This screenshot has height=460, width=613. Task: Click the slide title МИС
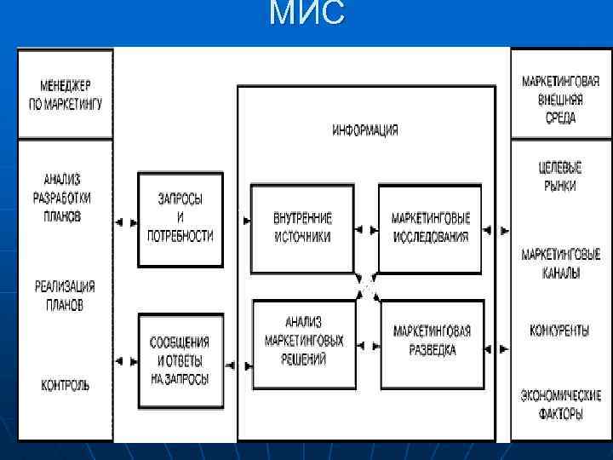point(306,14)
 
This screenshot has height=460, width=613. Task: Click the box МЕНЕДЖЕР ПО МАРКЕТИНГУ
point(66,95)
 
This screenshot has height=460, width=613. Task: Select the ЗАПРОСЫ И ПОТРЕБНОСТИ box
point(180,219)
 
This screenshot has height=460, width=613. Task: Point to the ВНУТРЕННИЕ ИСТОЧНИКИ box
point(303,227)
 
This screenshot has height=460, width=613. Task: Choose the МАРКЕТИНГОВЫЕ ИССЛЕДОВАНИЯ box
point(430,227)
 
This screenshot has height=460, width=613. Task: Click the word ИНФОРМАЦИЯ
point(365,130)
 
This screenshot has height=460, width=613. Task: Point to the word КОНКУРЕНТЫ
point(560,331)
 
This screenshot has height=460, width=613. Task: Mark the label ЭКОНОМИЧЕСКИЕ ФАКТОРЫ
point(560,404)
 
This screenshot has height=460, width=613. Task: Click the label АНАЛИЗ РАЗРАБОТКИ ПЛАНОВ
point(64,198)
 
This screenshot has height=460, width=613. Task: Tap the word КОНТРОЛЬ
point(65,385)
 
